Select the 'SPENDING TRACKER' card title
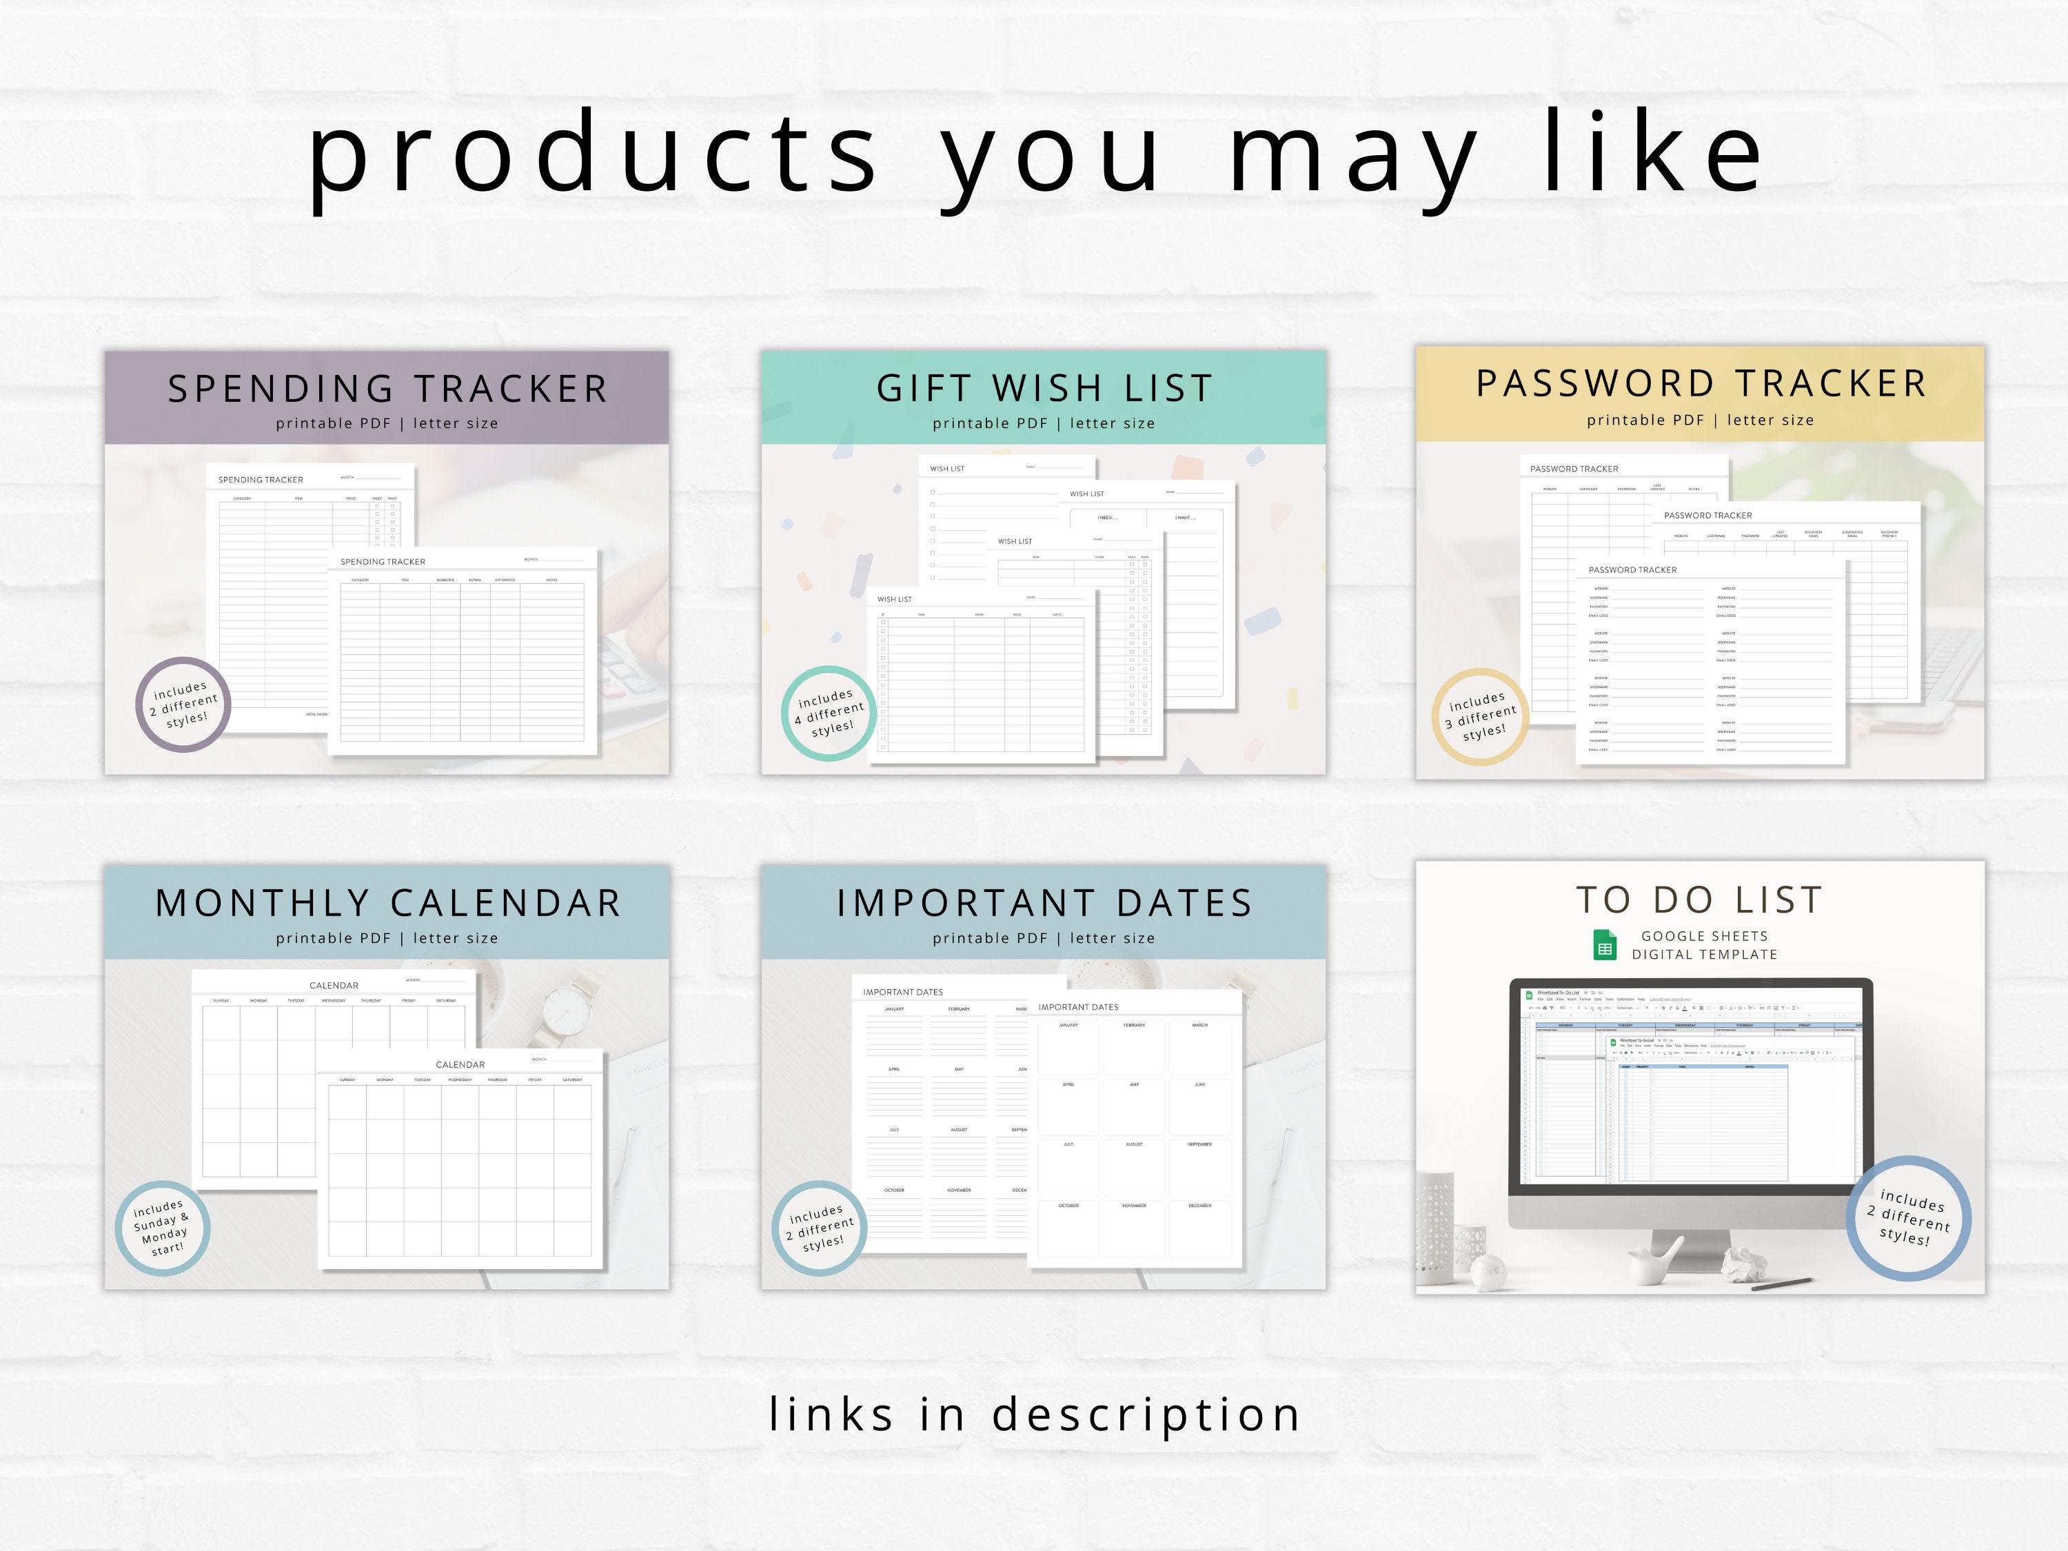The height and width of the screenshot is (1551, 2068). click(x=387, y=389)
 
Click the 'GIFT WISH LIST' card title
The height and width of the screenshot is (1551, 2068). click(x=1044, y=388)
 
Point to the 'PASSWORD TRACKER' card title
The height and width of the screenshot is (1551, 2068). click(x=1701, y=383)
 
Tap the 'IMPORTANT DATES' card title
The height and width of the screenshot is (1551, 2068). click(x=1044, y=903)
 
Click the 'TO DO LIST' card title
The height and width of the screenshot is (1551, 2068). click(x=1700, y=900)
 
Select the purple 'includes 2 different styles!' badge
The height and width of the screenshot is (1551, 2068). click(x=183, y=704)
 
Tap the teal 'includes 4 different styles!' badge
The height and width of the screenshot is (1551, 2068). click(x=829, y=713)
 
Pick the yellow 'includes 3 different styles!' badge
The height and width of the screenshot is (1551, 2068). click(x=1480, y=717)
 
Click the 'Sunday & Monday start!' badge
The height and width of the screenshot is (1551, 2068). click(x=163, y=1228)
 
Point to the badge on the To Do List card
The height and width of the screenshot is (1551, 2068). click(x=1908, y=1218)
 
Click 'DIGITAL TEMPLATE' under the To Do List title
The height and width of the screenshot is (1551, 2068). click(x=1704, y=955)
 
